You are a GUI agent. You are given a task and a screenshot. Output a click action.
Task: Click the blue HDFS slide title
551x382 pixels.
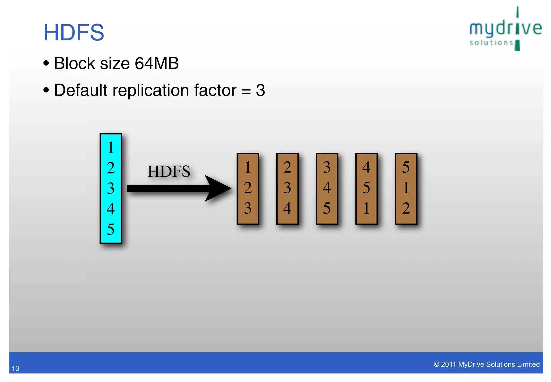coord(74,32)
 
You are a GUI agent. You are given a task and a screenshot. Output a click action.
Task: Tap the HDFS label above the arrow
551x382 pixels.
coord(169,171)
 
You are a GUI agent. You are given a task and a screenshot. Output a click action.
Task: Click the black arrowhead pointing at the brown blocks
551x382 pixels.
coord(218,188)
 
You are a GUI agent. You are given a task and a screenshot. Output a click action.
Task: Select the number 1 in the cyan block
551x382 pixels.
coord(111,147)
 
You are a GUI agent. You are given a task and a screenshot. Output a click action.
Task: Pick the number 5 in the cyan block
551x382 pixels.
coord(111,229)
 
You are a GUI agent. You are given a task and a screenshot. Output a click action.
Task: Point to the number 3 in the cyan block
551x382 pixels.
coord(111,188)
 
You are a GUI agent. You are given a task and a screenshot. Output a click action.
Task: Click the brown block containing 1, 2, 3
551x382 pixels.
coord(248,189)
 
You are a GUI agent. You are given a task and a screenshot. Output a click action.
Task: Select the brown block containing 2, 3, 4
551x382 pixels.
coord(287,189)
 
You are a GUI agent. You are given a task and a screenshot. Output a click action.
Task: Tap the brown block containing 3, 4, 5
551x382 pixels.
coord(327,189)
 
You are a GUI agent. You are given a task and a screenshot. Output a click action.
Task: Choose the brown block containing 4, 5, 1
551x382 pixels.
coord(366,189)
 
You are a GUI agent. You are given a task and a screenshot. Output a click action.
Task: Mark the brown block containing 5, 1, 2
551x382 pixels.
coord(406,189)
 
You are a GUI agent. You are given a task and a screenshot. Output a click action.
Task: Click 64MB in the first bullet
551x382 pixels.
coord(157,64)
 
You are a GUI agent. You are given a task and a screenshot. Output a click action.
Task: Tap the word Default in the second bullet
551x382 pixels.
coord(81,90)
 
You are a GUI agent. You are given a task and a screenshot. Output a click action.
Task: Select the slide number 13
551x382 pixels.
coord(15,368)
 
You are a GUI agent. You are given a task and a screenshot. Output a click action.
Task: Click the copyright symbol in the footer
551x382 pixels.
coord(436,364)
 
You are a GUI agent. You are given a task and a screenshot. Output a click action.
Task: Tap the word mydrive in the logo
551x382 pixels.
coord(505,28)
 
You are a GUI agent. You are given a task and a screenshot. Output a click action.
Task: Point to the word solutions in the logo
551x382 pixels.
coord(491,43)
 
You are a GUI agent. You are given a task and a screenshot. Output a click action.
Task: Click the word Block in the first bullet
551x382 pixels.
coord(75,64)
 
